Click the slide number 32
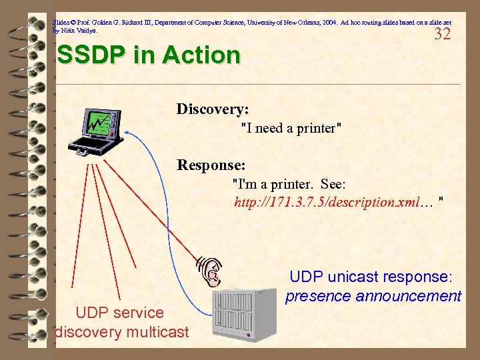click(442, 34)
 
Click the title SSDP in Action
click(149, 55)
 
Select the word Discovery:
click(212, 109)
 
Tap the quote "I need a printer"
click(291, 128)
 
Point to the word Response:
click(211, 164)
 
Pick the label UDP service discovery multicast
click(121, 322)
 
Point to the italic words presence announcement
click(373, 296)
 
